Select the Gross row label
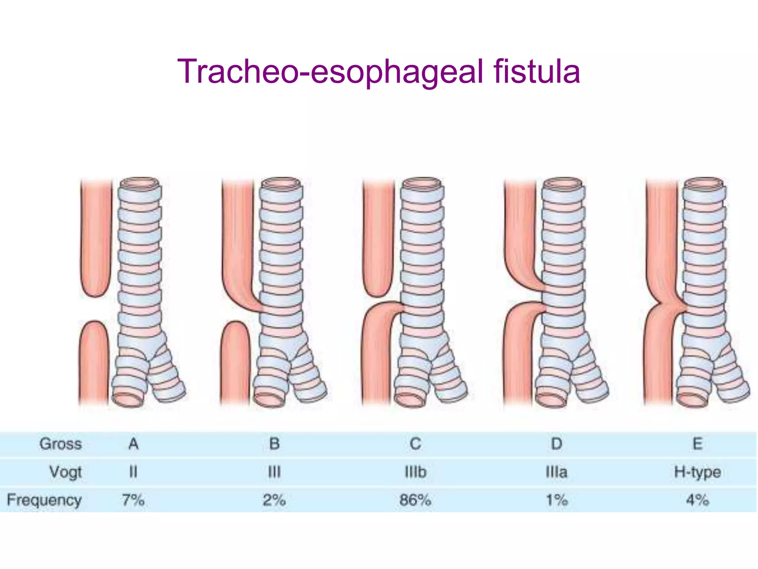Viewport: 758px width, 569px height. coord(60,444)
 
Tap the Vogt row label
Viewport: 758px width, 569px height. coord(66,472)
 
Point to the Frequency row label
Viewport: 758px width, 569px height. coord(44,500)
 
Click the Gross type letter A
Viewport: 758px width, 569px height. coord(133,444)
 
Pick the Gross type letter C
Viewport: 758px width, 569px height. coord(415,444)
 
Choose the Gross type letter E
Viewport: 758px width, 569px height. coord(697,444)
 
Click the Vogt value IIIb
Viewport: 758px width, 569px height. coord(415,472)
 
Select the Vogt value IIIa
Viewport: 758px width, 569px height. coord(556,472)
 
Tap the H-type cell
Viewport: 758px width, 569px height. coord(697,472)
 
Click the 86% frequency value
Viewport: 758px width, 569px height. coord(415,500)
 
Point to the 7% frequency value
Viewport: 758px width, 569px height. coord(133,500)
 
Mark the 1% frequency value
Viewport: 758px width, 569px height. coord(557,500)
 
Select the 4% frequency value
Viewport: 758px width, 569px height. coord(697,500)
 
